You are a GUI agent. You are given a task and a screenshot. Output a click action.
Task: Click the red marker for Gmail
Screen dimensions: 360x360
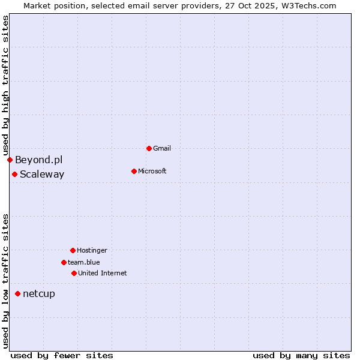click(149, 148)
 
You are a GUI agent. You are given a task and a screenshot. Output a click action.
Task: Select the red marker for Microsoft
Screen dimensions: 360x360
click(134, 171)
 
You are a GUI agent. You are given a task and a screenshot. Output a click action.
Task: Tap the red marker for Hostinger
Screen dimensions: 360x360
click(73, 250)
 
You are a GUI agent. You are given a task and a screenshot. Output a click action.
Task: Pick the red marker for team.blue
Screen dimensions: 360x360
click(64, 262)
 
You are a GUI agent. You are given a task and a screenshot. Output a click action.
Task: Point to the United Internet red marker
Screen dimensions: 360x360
click(74, 273)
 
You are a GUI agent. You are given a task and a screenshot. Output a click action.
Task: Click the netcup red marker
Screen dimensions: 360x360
click(18, 293)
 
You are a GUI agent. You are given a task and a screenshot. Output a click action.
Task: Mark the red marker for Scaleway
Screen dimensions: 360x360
click(14, 174)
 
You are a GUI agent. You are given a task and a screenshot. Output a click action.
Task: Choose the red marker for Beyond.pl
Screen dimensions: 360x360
click(10, 160)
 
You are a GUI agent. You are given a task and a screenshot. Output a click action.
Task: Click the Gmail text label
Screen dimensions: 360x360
click(162, 148)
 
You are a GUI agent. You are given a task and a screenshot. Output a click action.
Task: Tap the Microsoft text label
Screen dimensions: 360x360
click(152, 171)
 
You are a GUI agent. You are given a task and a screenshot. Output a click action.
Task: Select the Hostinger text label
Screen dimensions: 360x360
click(92, 250)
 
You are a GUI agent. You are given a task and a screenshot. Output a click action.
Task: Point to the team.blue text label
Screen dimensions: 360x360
click(83, 262)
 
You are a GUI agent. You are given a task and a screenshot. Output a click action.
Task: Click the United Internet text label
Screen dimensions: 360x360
click(102, 273)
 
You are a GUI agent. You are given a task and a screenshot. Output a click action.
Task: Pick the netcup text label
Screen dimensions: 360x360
click(39, 293)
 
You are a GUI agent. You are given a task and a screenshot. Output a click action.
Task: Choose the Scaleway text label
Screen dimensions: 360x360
click(42, 174)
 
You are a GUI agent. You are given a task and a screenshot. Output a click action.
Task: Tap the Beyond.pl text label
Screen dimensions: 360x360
click(38, 160)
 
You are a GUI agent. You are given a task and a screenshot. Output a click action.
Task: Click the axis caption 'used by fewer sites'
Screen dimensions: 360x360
click(62, 355)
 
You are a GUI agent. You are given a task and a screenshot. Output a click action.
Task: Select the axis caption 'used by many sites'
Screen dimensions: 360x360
click(301, 355)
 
